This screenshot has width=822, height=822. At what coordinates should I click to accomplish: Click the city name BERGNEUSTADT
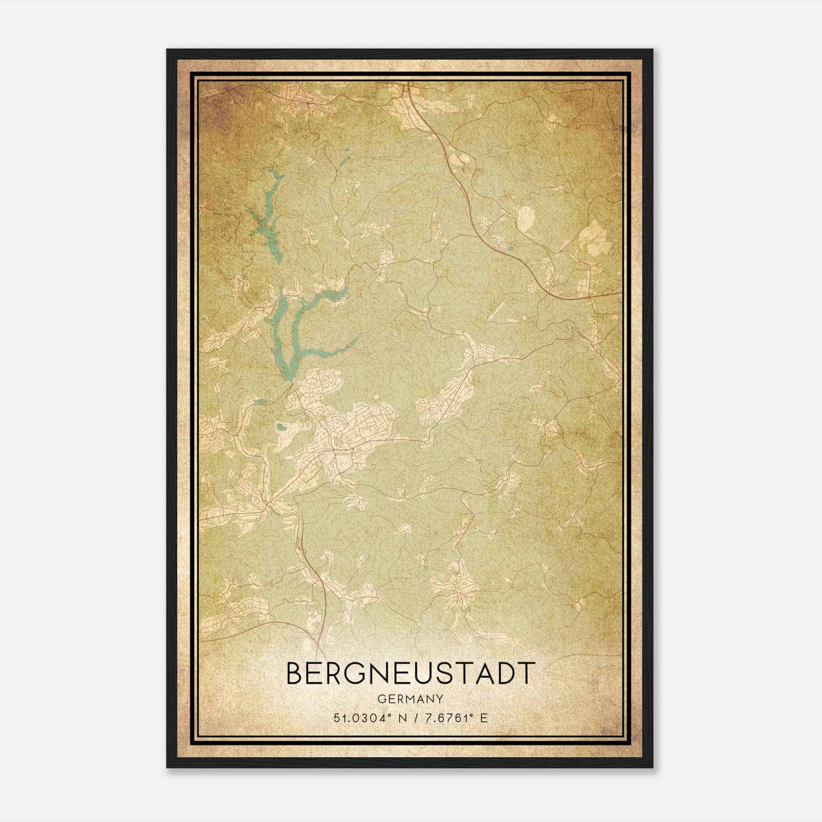[410, 673]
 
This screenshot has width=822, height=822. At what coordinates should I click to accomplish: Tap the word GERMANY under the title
[410, 699]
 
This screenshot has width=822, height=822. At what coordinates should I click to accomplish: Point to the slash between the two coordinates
[414, 718]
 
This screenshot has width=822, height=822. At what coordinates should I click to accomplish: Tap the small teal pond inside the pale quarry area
[282, 426]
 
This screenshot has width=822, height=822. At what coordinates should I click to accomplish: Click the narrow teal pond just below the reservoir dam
[261, 402]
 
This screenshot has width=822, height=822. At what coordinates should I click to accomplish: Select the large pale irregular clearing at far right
[593, 239]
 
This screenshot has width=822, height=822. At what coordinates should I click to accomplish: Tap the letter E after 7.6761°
[483, 718]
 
